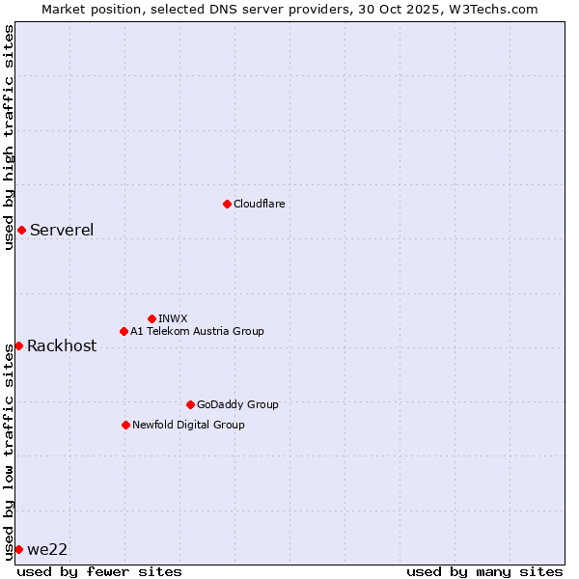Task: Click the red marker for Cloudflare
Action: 227,204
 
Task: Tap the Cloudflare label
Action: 259,204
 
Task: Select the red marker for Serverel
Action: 21,230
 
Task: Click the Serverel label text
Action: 62,230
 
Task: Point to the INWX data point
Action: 152,318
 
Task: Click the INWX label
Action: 173,318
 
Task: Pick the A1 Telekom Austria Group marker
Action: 124,331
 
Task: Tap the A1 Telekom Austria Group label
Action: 197,331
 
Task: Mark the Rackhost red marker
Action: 18,345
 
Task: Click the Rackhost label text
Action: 62,346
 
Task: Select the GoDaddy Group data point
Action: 190,404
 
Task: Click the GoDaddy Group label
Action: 237,404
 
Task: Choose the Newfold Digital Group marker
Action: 125,425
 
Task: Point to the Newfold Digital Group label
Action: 188,425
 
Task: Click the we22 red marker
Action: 18,549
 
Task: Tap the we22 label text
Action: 47,549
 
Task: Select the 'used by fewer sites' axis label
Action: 99,571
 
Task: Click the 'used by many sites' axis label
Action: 484,571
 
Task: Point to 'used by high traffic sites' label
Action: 9,137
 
